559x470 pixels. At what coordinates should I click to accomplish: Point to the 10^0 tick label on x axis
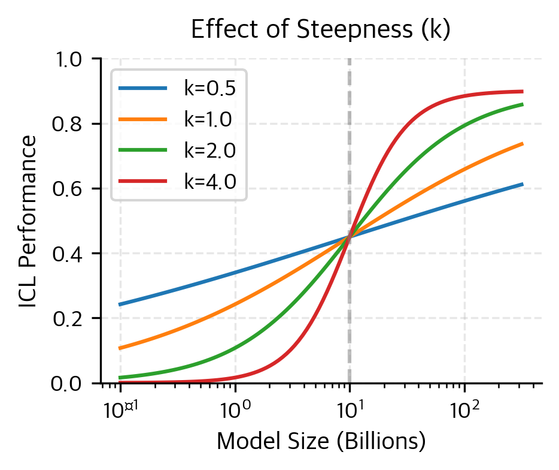[x=235, y=409]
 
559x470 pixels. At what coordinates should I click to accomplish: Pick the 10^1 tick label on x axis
[x=350, y=409]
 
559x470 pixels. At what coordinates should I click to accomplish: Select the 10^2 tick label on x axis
[x=464, y=409]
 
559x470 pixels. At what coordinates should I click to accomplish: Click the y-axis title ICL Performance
[x=26, y=221]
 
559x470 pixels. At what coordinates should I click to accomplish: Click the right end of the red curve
[x=522, y=92]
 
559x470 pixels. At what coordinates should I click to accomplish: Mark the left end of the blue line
[x=120, y=305]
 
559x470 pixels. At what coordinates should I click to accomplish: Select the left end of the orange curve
[x=120, y=348]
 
